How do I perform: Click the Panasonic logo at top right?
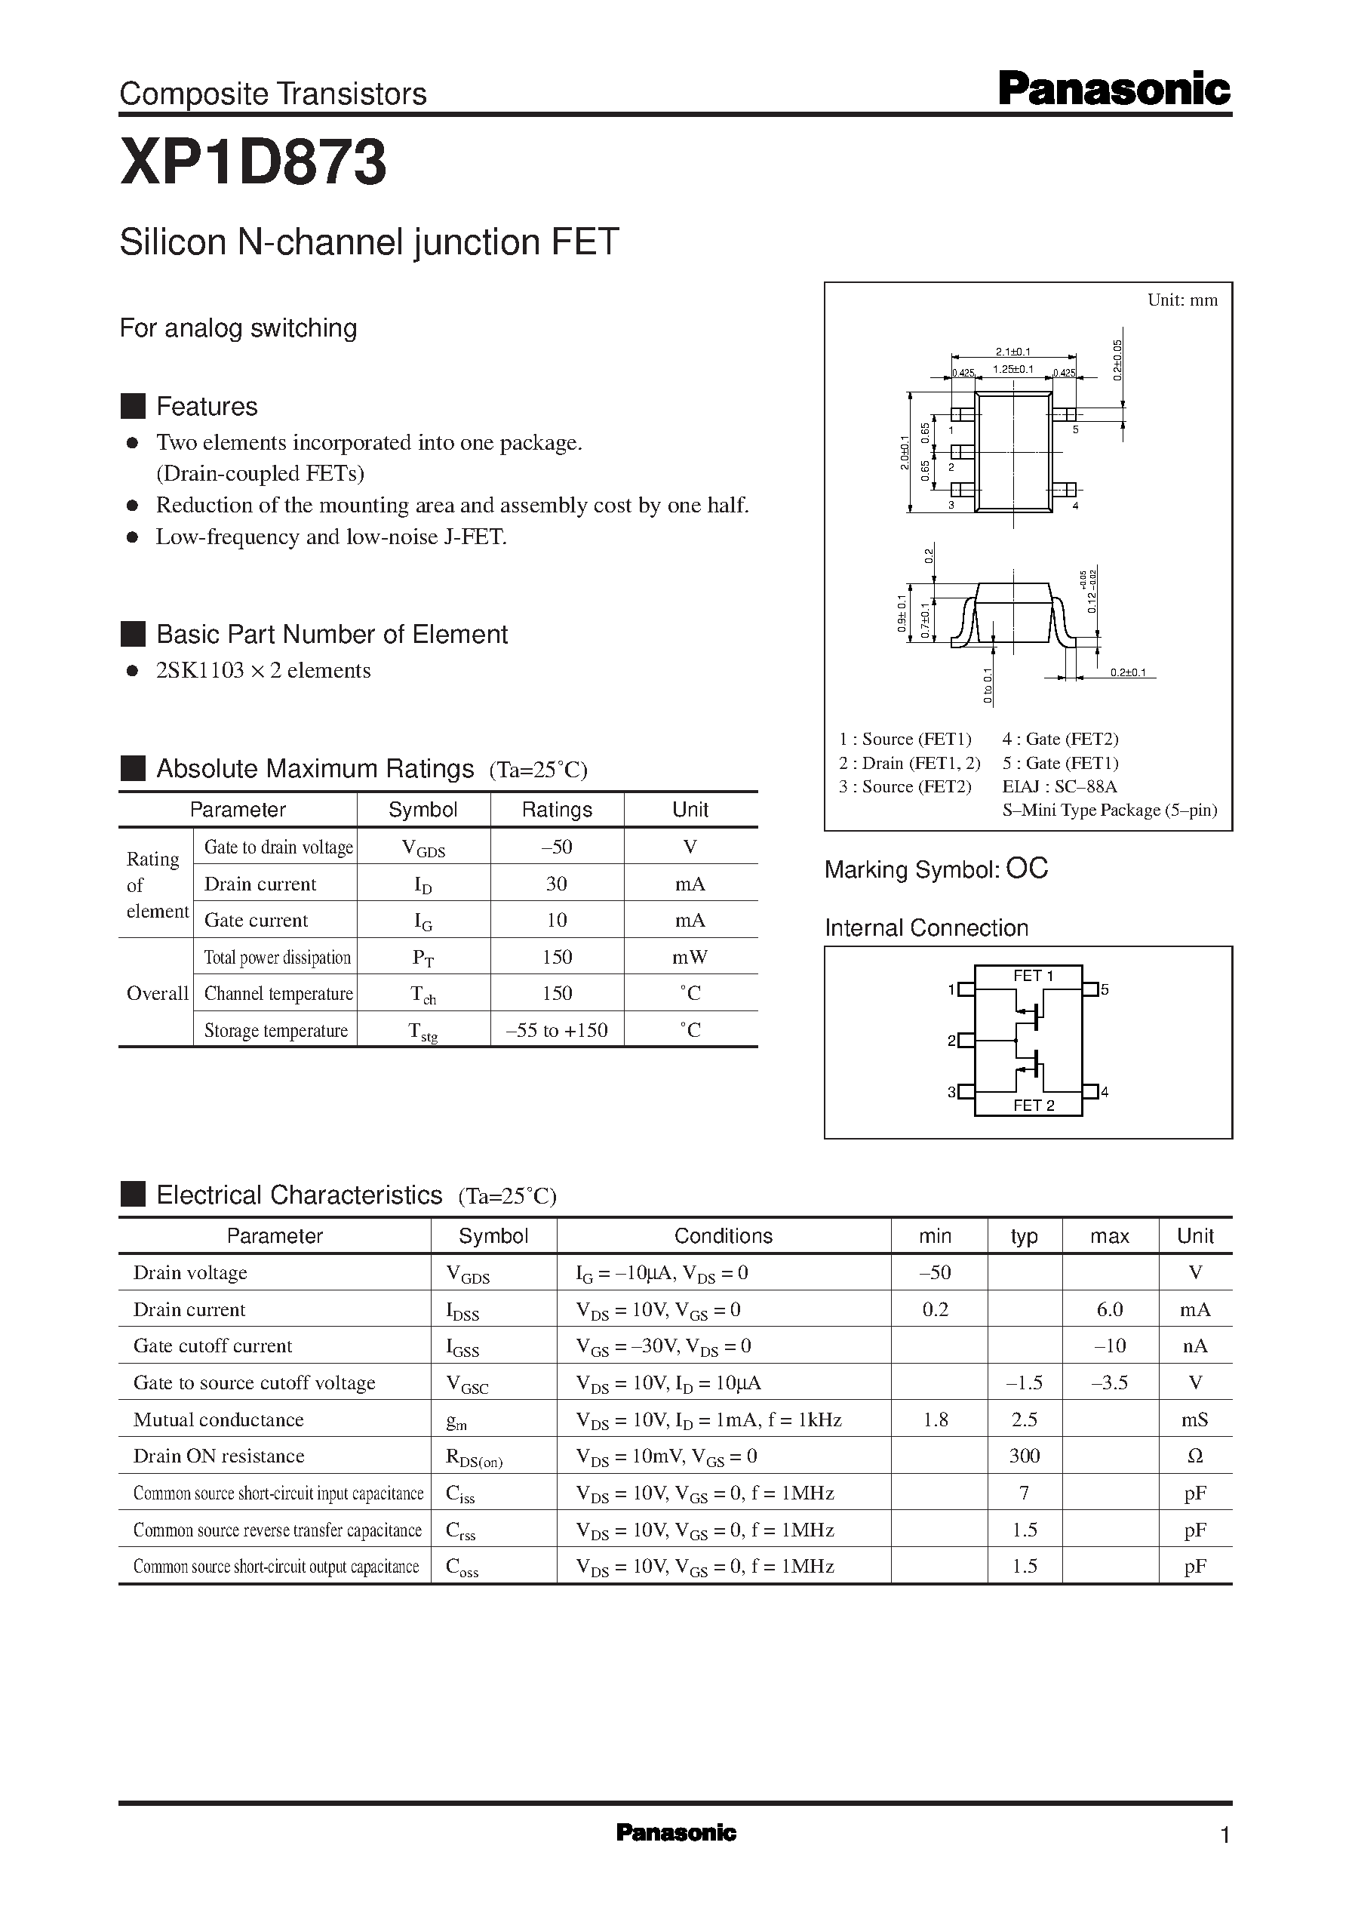(x=1113, y=90)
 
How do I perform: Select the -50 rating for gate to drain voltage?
(x=556, y=847)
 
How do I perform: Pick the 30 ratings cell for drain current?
(x=556, y=884)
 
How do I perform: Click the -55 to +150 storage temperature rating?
(x=556, y=1030)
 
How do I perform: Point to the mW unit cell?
(x=690, y=957)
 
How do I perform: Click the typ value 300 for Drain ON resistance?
(x=1024, y=1456)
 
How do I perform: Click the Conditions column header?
(x=723, y=1235)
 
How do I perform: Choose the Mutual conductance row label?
(x=218, y=1419)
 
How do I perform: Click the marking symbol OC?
(x=1027, y=869)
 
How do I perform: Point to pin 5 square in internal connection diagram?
(x=1089, y=989)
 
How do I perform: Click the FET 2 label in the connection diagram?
(x=1033, y=1105)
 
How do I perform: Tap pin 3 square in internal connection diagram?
(x=966, y=1090)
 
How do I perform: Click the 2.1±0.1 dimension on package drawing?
(x=1013, y=352)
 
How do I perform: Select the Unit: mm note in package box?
(x=1181, y=300)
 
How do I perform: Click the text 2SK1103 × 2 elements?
(x=263, y=670)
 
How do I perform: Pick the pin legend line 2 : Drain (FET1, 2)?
(x=909, y=763)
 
